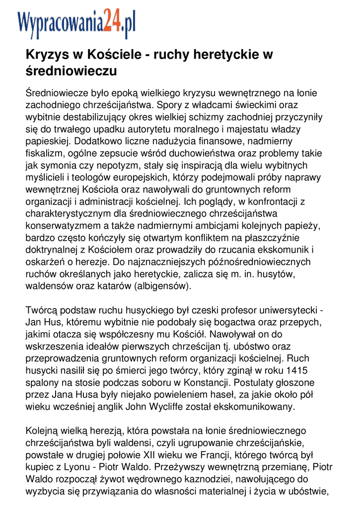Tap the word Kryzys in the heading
coord(46,55)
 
